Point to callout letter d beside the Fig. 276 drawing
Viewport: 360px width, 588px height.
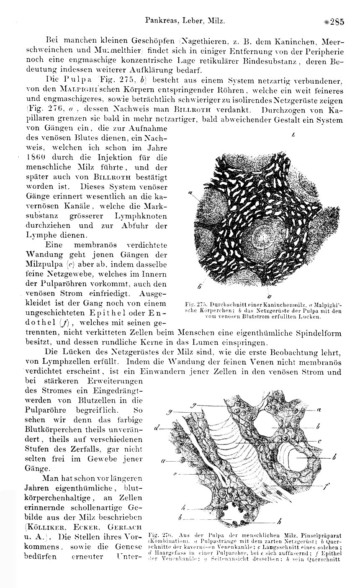(x=156, y=428)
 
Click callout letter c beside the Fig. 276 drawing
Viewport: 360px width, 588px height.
(x=319, y=441)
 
